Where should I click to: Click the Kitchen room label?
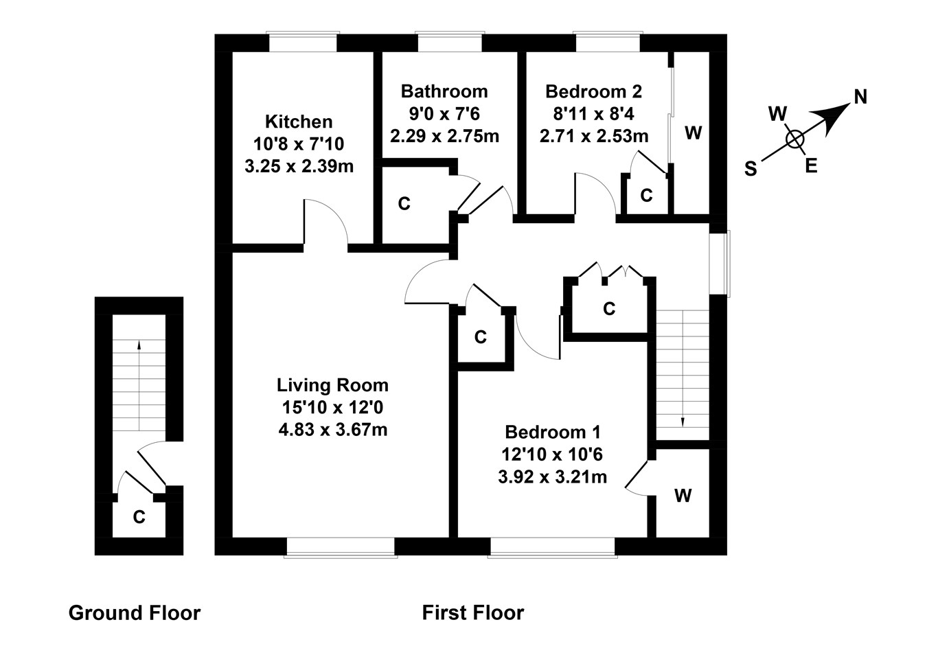pyautogui.click(x=299, y=122)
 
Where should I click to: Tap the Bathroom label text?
pyautogui.click(x=444, y=91)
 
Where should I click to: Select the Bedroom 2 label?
pyautogui.click(x=593, y=91)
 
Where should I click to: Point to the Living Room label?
pyautogui.click(x=332, y=385)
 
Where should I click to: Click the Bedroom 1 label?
pyautogui.click(x=552, y=432)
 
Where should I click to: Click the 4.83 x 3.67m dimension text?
pyautogui.click(x=332, y=430)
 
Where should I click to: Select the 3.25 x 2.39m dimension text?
pyautogui.click(x=299, y=165)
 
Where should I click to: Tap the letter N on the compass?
pyautogui.click(x=860, y=97)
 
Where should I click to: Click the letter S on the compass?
pyautogui.click(x=751, y=169)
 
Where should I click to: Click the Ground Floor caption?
pyautogui.click(x=135, y=612)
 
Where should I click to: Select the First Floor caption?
pyautogui.click(x=472, y=612)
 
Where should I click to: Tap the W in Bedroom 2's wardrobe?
pyautogui.click(x=694, y=133)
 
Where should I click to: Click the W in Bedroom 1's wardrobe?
pyautogui.click(x=683, y=495)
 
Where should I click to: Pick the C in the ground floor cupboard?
pyautogui.click(x=139, y=517)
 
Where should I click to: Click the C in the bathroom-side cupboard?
pyautogui.click(x=404, y=204)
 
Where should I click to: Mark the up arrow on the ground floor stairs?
pyautogui.click(x=139, y=345)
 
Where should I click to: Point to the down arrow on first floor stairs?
pyautogui.click(x=683, y=420)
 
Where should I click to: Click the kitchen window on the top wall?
pyautogui.click(x=303, y=42)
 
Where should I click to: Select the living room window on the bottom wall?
pyautogui.click(x=341, y=547)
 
